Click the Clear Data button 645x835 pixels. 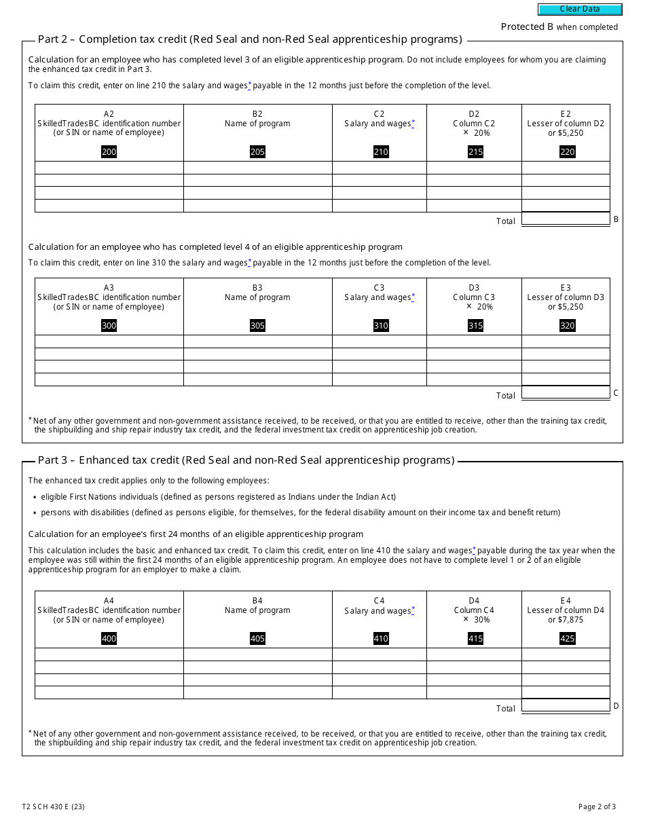[x=580, y=10]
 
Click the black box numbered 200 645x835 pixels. [x=109, y=152]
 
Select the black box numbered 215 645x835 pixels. [x=475, y=152]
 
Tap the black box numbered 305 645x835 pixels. [x=257, y=326]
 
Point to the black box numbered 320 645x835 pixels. [x=567, y=326]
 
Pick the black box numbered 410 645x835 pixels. [x=381, y=638]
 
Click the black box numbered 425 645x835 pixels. [x=567, y=638]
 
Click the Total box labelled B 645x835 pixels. [x=566, y=219]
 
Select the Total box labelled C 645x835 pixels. [x=566, y=392]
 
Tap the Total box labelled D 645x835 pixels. [x=566, y=705]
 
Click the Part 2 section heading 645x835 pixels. [x=250, y=39]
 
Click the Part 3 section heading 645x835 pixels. [x=246, y=460]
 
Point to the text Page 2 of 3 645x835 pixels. [x=597, y=807]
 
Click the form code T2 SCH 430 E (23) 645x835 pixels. [x=53, y=807]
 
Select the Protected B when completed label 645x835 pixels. [x=559, y=27]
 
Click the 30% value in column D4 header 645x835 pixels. [x=481, y=620]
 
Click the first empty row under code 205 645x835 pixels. [x=257, y=168]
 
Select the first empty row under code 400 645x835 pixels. [x=109, y=654]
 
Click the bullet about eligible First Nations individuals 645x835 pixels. [x=218, y=497]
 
